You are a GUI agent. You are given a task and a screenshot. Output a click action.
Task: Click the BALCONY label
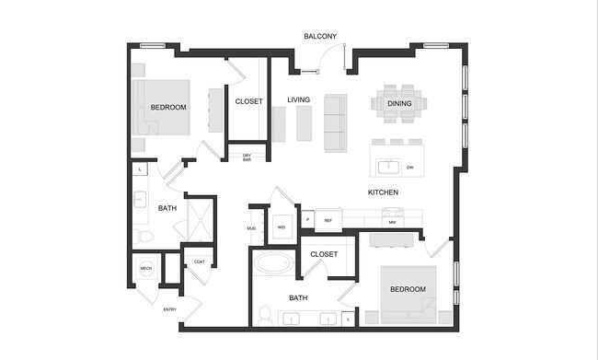point(320,37)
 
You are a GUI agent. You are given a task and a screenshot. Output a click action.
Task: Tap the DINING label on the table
point(399,104)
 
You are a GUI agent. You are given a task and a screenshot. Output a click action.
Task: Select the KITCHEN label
point(383,192)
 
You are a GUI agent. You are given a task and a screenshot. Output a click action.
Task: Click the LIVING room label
point(298,99)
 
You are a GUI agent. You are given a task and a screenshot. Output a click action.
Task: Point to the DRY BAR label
point(247,157)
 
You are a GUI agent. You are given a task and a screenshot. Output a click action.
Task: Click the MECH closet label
point(145,268)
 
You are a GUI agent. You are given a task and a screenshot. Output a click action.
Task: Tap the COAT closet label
point(200,261)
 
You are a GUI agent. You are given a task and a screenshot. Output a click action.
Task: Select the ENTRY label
point(170,309)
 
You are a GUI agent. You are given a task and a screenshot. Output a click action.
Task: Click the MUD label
point(251,227)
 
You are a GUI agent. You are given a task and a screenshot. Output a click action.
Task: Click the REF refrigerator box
point(328,221)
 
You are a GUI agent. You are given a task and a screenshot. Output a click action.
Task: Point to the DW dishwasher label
point(408,167)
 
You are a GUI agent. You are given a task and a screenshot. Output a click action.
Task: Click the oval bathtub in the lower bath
point(273,264)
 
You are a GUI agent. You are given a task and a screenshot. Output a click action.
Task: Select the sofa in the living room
point(336,123)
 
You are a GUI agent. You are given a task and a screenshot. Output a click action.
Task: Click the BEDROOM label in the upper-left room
point(168,108)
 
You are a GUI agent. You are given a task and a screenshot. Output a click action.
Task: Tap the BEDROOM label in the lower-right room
point(408,289)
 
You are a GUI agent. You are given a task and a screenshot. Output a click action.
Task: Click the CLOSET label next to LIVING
point(248,101)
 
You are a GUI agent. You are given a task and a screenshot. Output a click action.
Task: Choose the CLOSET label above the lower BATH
point(323,254)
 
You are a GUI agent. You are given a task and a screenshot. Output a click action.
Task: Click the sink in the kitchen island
point(388,167)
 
